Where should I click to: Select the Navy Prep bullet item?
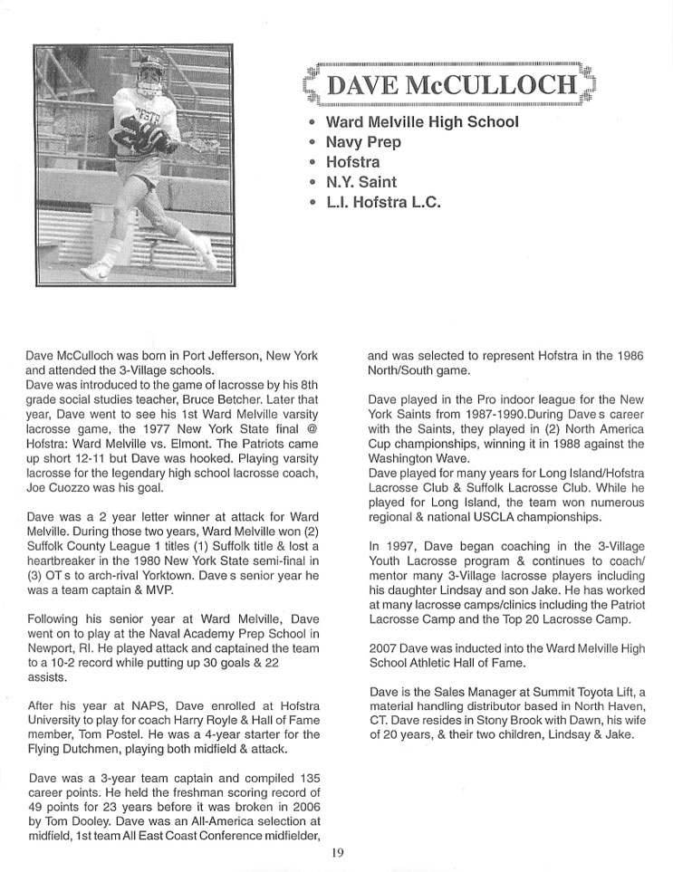point(364,142)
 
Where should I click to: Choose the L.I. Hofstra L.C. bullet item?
point(383,203)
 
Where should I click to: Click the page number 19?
point(336,851)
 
